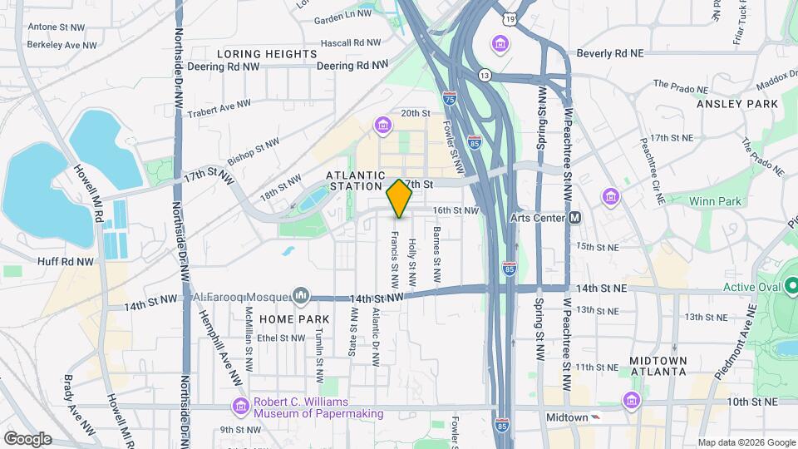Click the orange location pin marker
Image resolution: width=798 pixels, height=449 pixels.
[399, 198]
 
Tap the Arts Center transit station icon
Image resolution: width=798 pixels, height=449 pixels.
[574, 218]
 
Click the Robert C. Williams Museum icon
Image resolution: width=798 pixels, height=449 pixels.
[241, 406]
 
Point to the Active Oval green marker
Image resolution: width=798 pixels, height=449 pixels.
[791, 288]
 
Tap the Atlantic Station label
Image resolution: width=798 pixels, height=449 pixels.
[356, 182]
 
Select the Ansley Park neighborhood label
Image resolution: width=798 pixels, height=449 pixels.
[737, 104]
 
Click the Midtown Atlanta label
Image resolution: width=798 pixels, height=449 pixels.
[658, 366]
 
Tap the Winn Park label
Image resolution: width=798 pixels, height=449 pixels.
[714, 200]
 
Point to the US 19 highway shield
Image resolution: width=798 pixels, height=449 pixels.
[509, 17]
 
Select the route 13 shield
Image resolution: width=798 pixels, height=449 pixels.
[484, 75]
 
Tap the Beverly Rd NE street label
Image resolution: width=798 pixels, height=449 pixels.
[610, 52]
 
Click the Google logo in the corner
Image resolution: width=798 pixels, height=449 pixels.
[27, 438]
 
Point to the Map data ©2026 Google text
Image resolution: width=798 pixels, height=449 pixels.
[745, 442]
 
